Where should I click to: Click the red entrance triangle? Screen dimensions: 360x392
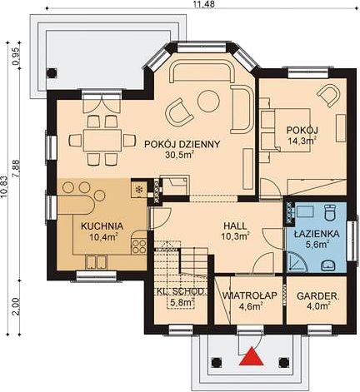tap(252, 357)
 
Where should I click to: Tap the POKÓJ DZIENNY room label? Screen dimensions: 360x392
tap(182, 144)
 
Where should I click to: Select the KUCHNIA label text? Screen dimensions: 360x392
tap(102, 226)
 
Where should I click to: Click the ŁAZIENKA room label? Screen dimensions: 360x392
tap(317, 234)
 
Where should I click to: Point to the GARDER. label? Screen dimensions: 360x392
tap(318, 296)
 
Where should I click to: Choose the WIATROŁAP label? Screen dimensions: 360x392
tap(250, 295)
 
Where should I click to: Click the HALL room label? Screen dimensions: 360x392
tap(235, 226)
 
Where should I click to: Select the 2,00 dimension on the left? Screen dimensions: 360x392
tap(16, 306)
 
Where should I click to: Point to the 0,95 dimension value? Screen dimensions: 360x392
tap(17, 57)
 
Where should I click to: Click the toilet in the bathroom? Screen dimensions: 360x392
tap(330, 212)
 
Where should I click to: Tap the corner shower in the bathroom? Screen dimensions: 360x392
tap(297, 261)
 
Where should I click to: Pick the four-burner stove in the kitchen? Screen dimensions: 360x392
tap(138, 246)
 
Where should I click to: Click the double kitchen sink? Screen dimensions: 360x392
tap(96, 262)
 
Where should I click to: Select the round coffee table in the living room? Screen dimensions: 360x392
tap(208, 102)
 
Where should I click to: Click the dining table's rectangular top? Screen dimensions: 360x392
tap(102, 140)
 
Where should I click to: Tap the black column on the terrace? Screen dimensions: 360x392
tap(52, 73)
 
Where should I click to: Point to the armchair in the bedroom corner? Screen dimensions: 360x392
tap(330, 95)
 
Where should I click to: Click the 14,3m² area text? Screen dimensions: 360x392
tap(302, 141)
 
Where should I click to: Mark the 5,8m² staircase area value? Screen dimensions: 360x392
tap(182, 303)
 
